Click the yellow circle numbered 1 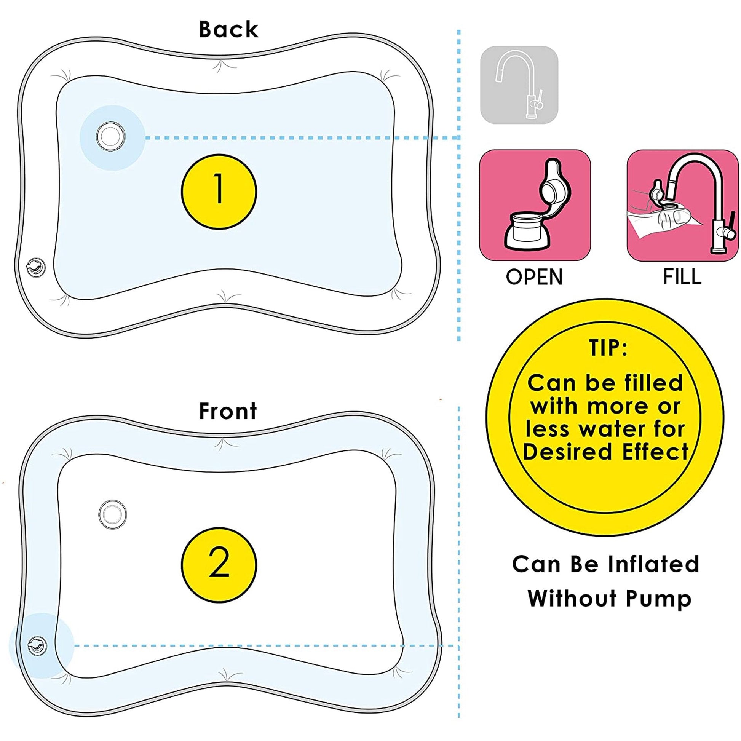pyautogui.click(x=219, y=192)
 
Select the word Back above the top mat pyautogui.click(x=228, y=30)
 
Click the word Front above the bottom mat pyautogui.click(x=228, y=411)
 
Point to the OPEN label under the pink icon pyautogui.click(x=534, y=277)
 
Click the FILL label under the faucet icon pyautogui.click(x=682, y=276)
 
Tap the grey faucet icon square pyautogui.click(x=519, y=85)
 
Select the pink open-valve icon pyautogui.click(x=535, y=205)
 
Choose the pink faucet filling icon pyautogui.click(x=682, y=205)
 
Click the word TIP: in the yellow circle pyautogui.click(x=608, y=348)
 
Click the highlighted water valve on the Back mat pyautogui.click(x=111, y=137)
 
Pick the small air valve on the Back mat pyautogui.click(x=36, y=267)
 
